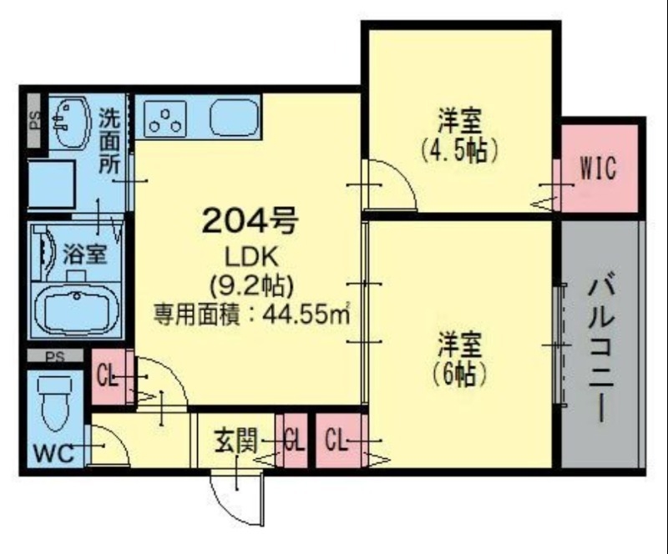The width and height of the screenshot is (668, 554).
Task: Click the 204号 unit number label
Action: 249,221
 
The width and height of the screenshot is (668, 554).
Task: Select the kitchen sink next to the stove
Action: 235,118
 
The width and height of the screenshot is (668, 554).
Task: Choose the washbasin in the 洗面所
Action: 70,121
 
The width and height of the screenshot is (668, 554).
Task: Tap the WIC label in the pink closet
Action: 598,169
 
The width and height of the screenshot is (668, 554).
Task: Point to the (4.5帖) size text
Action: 460,150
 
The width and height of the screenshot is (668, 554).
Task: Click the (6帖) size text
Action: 460,375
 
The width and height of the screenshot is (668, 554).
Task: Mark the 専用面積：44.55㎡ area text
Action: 250,315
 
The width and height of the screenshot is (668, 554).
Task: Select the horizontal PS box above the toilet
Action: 55,357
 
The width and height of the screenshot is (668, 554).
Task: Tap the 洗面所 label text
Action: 109,140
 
